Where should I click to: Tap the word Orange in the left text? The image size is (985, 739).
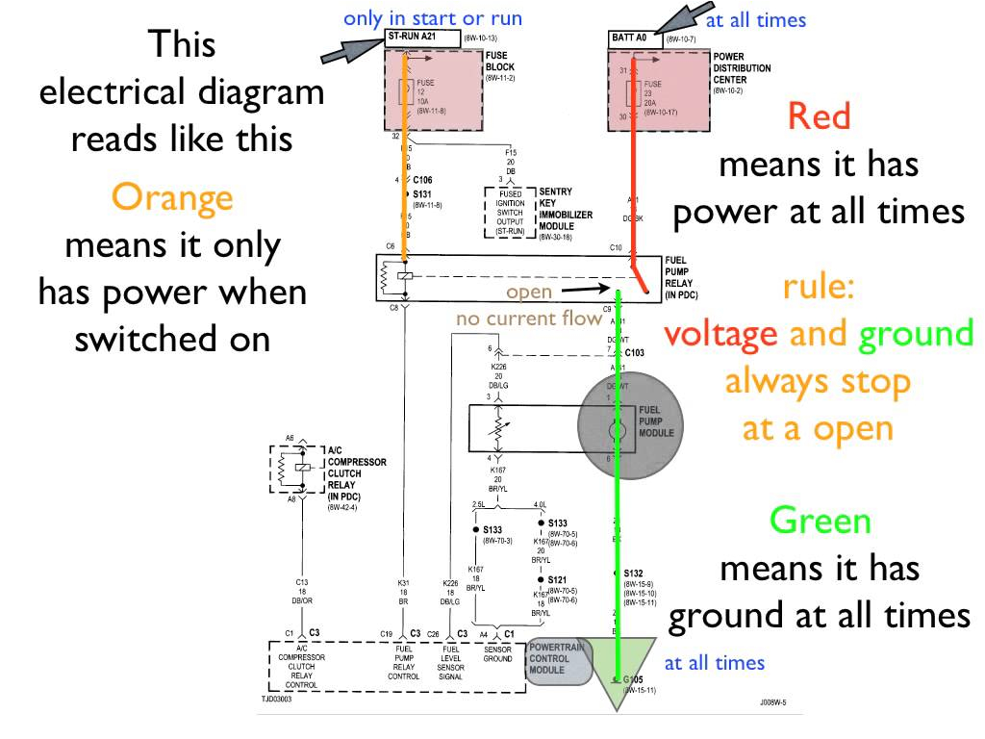(x=172, y=197)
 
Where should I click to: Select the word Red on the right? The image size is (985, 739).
(x=819, y=116)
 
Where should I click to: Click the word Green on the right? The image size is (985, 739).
(x=820, y=521)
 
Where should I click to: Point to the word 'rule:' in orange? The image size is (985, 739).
(x=818, y=286)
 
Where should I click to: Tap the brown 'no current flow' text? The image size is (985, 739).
(x=529, y=319)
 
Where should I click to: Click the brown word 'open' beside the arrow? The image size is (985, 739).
(x=529, y=291)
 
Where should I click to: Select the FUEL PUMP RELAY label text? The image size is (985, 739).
(x=686, y=279)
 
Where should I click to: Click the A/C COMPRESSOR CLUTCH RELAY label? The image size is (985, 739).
(x=356, y=468)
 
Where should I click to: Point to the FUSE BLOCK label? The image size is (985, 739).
(x=500, y=62)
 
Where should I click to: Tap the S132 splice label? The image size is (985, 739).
(x=633, y=573)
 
